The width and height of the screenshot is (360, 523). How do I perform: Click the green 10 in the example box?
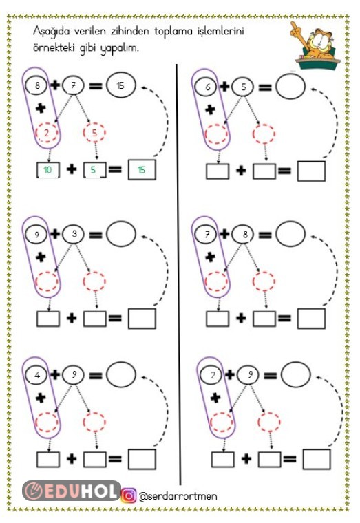(47, 170)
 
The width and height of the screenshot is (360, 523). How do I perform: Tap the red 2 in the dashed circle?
(47, 133)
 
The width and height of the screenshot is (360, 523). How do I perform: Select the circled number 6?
(207, 87)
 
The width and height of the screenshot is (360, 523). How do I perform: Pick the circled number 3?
(74, 234)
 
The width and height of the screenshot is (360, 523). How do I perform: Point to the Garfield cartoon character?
(315, 45)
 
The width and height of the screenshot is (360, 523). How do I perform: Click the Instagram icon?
(129, 495)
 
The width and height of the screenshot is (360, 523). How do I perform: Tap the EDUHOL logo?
(72, 491)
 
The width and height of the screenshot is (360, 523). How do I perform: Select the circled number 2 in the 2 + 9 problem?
(213, 375)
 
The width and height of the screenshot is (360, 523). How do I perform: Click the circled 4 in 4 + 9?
(37, 375)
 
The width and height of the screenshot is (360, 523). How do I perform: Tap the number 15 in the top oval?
(120, 85)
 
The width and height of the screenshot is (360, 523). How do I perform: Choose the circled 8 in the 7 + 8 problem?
(244, 234)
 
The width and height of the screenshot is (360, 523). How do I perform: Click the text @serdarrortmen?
(178, 496)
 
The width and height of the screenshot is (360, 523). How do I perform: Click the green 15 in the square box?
(142, 170)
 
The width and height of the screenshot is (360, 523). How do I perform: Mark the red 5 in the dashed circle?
(94, 133)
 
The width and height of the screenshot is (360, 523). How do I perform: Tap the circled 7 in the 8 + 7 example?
(74, 85)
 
